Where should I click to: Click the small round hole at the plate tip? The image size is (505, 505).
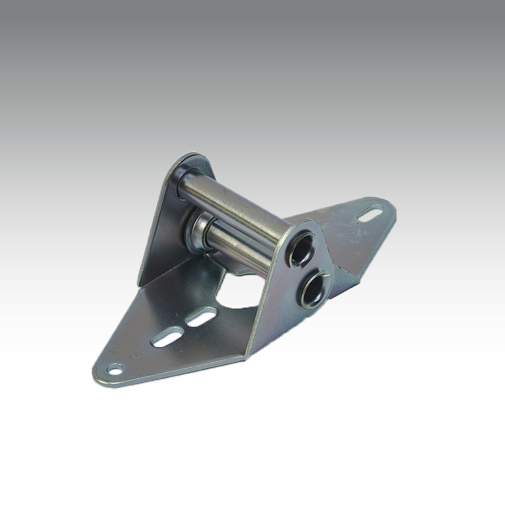click(114, 369)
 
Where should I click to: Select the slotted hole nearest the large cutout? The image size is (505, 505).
click(201, 317)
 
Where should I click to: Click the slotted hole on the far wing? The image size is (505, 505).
click(369, 213)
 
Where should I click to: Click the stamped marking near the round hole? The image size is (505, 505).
click(134, 353)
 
